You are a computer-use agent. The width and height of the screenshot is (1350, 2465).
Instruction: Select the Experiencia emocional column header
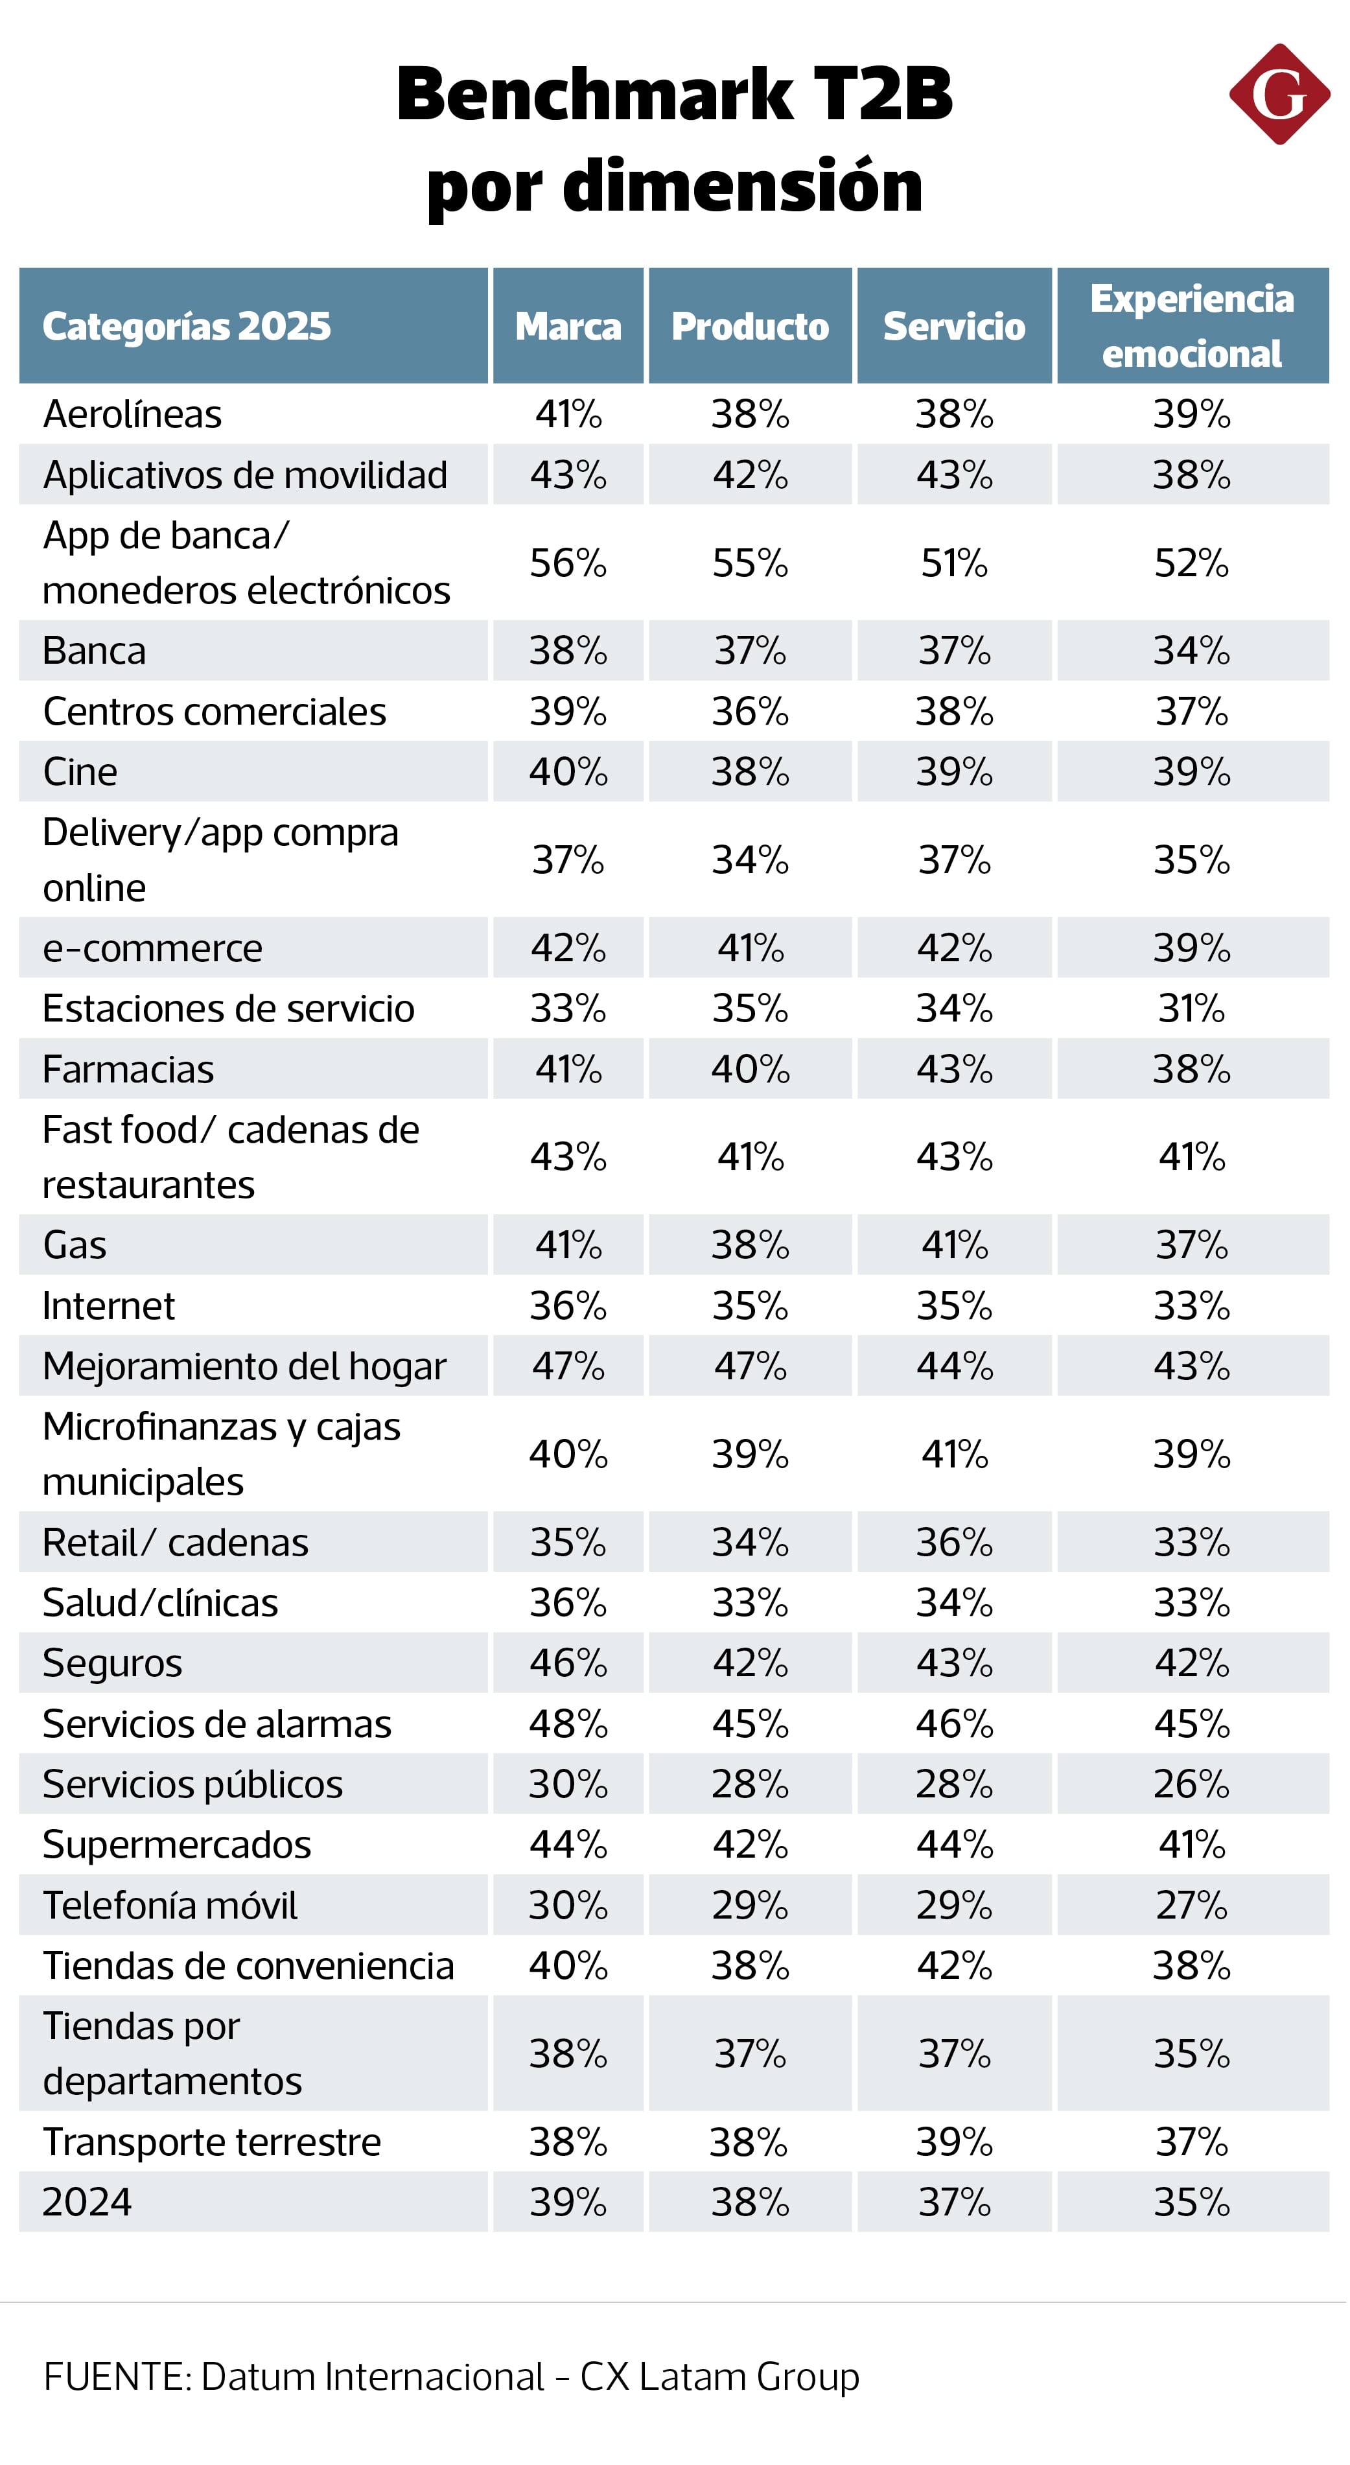(x=1191, y=325)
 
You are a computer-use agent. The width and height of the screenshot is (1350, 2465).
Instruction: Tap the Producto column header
(x=749, y=326)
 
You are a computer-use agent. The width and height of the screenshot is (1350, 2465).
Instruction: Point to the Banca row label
(x=95, y=651)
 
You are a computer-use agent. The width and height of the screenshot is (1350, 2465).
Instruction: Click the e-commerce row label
(x=152, y=948)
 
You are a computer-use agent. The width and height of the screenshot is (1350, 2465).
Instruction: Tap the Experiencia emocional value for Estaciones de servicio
(x=1191, y=1009)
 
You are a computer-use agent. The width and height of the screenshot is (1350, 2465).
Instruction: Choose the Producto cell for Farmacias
(x=749, y=1069)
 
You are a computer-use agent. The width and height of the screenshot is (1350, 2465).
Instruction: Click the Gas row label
(x=75, y=1245)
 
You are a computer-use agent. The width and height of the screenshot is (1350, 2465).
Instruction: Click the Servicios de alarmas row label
(x=217, y=1723)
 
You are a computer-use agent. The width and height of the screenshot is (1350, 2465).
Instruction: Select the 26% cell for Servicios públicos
(x=1191, y=1784)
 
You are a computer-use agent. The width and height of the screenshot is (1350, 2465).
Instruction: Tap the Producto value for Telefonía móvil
(x=749, y=1905)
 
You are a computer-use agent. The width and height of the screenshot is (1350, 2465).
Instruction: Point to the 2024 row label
(x=87, y=2202)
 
